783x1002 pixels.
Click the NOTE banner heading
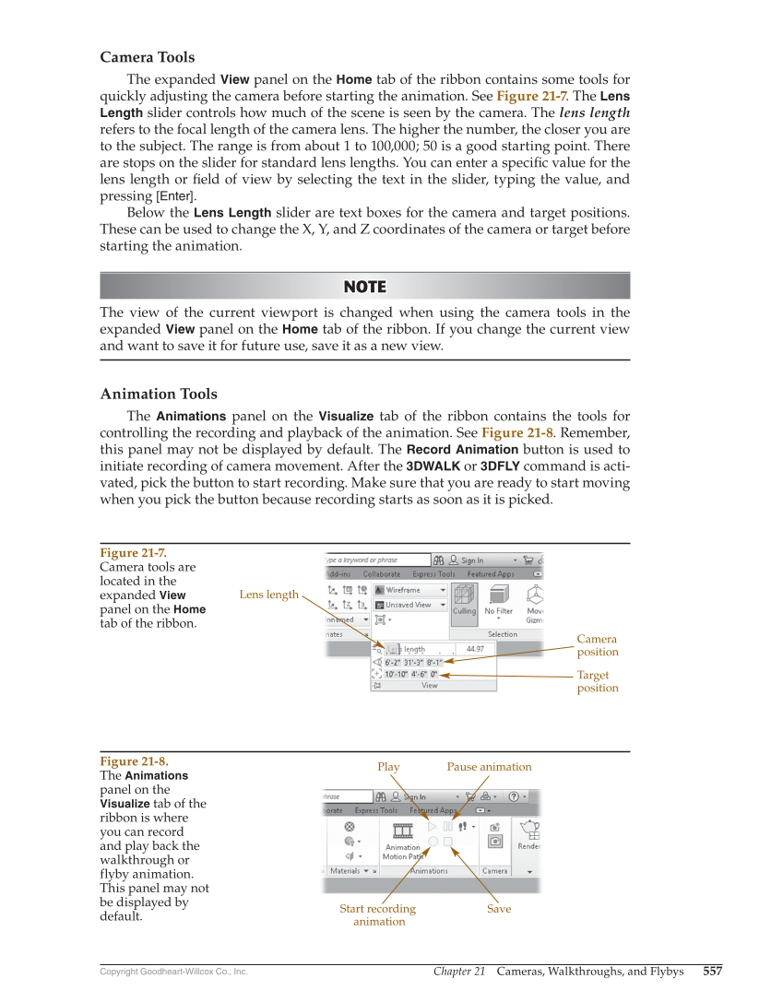pos(364,287)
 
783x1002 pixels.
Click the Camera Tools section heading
pos(148,57)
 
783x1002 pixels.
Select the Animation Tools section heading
pos(159,394)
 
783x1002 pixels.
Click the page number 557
pos(712,972)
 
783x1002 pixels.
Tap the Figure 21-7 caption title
pos(133,552)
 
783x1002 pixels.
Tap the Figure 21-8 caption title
pos(133,761)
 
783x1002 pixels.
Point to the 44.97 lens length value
pos(475,649)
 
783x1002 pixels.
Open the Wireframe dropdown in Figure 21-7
pos(411,590)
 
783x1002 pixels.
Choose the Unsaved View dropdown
pos(411,605)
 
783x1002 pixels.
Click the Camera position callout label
pos(597,645)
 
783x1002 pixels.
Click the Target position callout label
pos(597,681)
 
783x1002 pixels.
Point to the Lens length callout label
pos(268,595)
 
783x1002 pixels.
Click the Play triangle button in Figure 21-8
pos(433,827)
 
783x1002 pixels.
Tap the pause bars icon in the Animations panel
pos(448,827)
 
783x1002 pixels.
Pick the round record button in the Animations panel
pos(433,842)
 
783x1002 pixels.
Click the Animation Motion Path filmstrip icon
pos(402,831)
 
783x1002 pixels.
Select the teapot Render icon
pos(530,830)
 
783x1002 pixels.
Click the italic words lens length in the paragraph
pos(595,112)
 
